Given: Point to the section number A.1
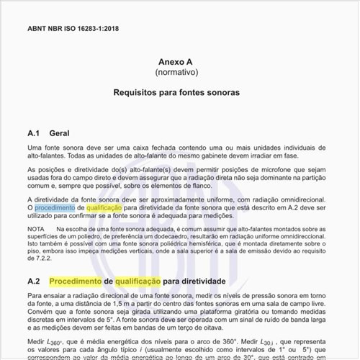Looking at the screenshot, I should [34, 133].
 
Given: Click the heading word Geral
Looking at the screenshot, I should [60, 133].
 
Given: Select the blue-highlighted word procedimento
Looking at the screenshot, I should [55, 206].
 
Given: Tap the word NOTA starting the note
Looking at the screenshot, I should [35, 228].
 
